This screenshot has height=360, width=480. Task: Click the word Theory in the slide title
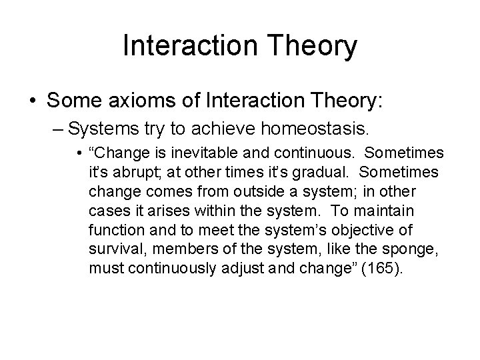click(314, 47)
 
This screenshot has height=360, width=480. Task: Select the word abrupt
click(125, 173)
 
